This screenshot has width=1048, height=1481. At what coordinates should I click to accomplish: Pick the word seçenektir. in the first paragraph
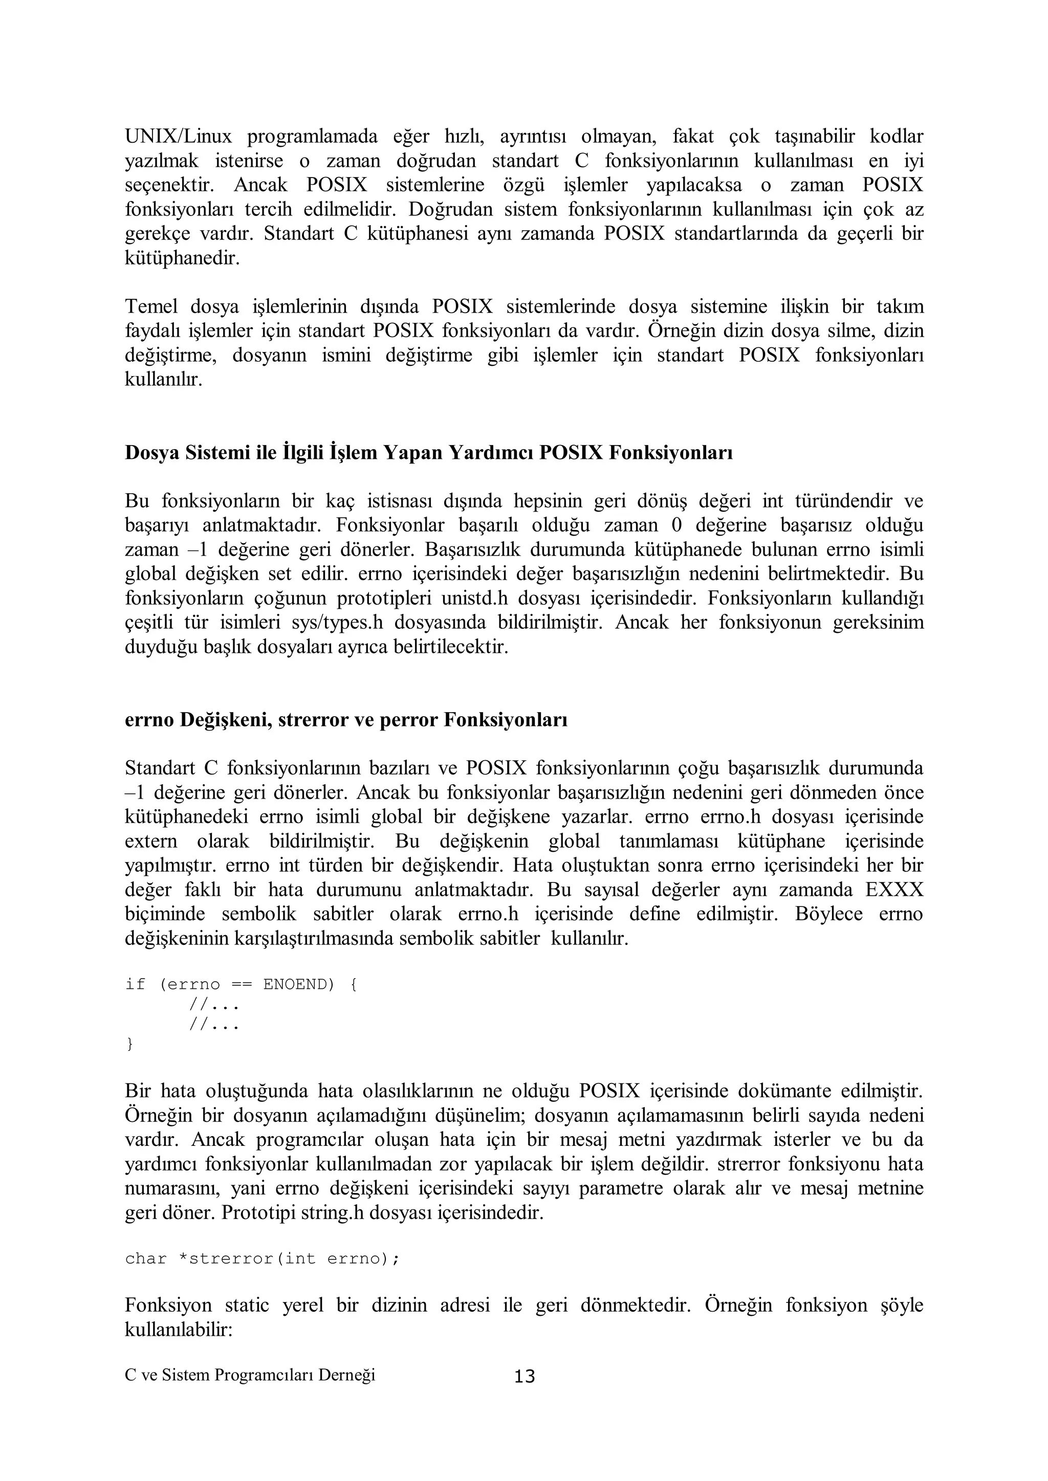[169, 185]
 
